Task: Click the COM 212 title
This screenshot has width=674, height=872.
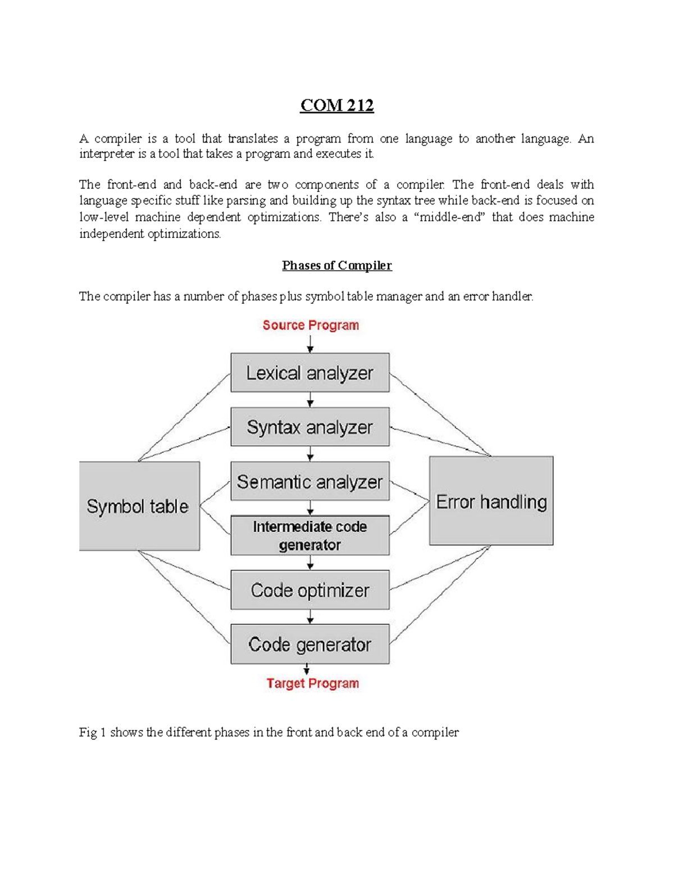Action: (x=337, y=106)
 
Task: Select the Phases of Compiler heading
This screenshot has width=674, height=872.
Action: (x=336, y=266)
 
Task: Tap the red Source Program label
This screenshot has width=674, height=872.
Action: (x=311, y=325)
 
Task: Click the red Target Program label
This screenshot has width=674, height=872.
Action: (x=312, y=683)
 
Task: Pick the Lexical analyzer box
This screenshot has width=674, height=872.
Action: (x=309, y=373)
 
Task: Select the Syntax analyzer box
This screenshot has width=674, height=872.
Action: (x=309, y=427)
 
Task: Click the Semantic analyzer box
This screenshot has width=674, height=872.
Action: (x=309, y=482)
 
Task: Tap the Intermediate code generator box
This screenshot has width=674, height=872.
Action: (x=309, y=536)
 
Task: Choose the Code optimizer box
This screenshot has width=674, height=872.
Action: (x=309, y=590)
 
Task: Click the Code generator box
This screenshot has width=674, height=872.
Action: (x=309, y=644)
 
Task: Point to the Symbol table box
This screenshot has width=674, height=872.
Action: (x=139, y=506)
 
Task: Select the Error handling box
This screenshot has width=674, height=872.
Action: (x=491, y=501)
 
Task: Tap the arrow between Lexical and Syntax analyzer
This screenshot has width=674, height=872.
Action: (x=310, y=400)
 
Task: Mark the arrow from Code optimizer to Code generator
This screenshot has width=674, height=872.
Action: (x=310, y=617)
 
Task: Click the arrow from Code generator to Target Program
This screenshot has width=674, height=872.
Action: (x=307, y=669)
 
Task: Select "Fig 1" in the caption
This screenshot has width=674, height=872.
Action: (x=92, y=732)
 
